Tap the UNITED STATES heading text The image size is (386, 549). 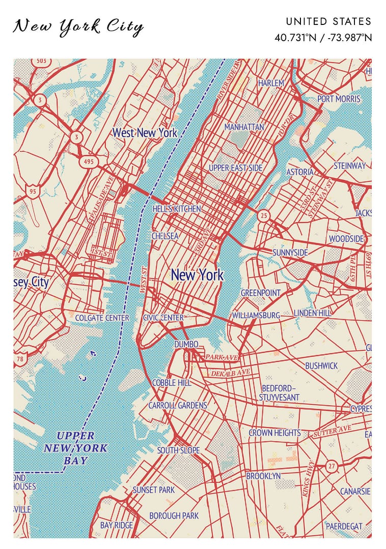click(x=328, y=21)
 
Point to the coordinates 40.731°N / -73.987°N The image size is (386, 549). click(x=323, y=38)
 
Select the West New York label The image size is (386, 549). click(x=145, y=133)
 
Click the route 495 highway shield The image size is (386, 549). click(x=89, y=162)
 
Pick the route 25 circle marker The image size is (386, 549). click(x=263, y=216)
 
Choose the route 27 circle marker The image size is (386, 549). click(x=332, y=466)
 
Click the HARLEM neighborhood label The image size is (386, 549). click(x=271, y=83)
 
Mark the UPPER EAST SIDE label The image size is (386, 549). click(x=235, y=168)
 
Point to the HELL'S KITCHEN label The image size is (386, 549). click(x=177, y=209)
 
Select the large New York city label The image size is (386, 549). click(x=197, y=275)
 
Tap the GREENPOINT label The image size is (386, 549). click(x=260, y=293)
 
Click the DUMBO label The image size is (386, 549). click(x=186, y=345)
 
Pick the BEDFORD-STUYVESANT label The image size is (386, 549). click(x=279, y=392)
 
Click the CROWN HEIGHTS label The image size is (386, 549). click(x=274, y=433)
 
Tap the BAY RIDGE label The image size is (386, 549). click(x=116, y=525)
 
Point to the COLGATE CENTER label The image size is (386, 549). click(x=102, y=318)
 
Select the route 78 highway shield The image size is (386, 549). click(x=20, y=359)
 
